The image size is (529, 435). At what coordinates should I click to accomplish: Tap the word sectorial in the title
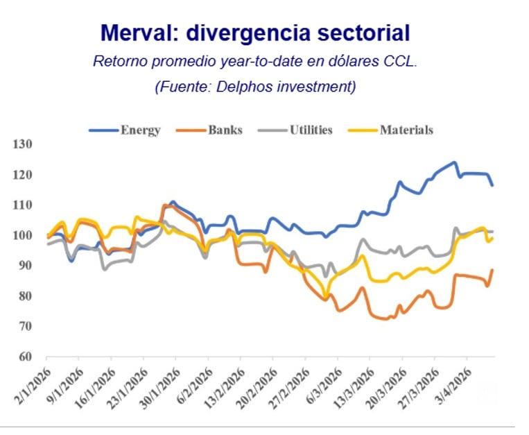361,33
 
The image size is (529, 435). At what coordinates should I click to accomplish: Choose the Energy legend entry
140,130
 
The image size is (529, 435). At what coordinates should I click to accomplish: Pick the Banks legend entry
225,130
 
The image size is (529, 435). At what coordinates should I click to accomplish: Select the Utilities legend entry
311,130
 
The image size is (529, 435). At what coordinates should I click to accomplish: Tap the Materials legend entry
406,130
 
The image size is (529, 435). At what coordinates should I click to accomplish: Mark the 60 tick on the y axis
26,357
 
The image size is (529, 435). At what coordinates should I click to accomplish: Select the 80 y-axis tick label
26,296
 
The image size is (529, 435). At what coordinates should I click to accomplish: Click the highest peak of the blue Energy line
454,162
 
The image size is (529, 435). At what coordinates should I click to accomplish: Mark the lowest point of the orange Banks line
385,319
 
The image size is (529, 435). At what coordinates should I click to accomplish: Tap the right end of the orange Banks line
492,270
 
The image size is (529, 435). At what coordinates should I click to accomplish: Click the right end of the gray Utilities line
492,231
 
